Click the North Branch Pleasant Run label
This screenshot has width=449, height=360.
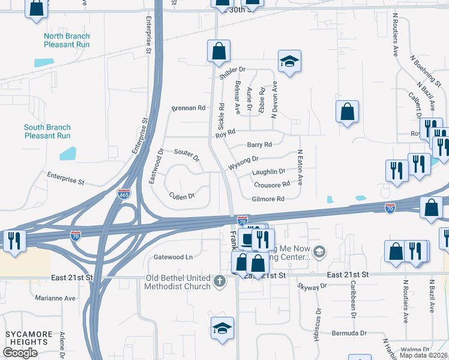tap(67, 40)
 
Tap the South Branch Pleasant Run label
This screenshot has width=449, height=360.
tap(47, 131)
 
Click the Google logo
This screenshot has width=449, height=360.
tap(20, 353)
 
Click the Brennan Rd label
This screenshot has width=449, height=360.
tap(188, 108)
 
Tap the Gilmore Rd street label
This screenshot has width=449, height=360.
tap(268, 199)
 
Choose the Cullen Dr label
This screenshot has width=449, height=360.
tap(182, 196)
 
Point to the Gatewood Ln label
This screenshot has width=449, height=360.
tap(173, 257)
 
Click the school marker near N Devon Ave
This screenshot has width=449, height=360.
tap(289, 62)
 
